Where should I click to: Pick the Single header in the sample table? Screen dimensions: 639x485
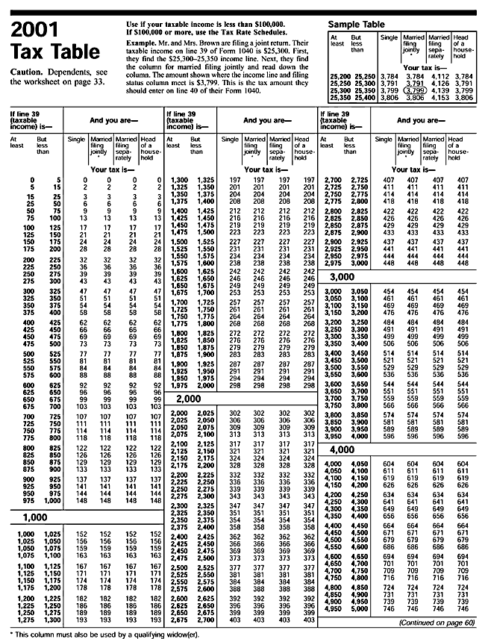[389, 37]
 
